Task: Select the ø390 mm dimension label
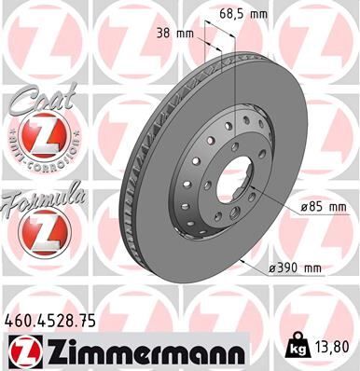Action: point(295,269)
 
